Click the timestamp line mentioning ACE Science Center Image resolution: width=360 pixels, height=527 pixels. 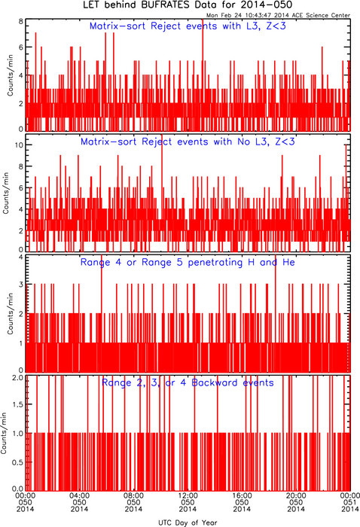tap(278, 15)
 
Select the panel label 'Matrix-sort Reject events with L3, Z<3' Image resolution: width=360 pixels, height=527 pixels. tap(188, 26)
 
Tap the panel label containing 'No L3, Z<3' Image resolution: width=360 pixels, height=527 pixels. tap(188, 142)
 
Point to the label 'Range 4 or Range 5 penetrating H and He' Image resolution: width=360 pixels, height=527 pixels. tap(188, 262)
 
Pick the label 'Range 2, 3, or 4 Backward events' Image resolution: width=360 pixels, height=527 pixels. tap(188, 382)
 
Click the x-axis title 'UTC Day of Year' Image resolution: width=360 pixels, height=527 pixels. tap(188, 522)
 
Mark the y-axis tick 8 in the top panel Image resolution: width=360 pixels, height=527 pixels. tap(21, 21)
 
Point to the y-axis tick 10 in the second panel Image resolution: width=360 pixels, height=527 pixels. tap(19, 145)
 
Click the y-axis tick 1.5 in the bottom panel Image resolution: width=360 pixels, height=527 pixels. tap(18, 404)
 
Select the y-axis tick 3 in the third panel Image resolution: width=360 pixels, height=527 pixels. tap(21, 285)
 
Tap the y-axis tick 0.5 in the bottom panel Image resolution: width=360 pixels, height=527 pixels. tap(18, 462)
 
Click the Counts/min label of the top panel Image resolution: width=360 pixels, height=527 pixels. tap(10, 75)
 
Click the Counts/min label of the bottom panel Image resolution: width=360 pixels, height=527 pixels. tap(4, 434)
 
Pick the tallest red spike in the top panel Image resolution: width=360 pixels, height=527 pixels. tap(203, 75)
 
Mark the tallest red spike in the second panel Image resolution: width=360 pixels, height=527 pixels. tap(162, 192)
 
